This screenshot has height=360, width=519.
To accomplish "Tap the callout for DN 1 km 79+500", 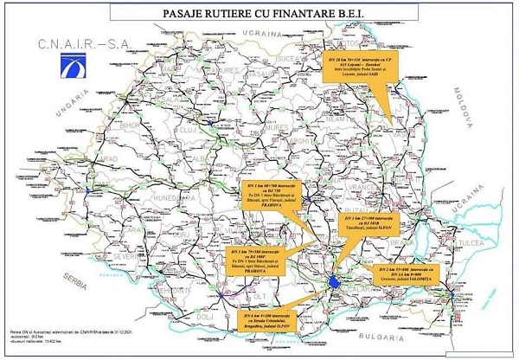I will coord(259,258).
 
